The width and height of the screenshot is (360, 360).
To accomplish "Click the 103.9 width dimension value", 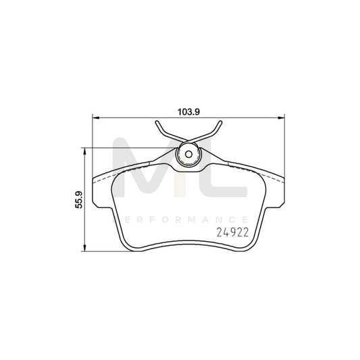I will (x=187, y=112).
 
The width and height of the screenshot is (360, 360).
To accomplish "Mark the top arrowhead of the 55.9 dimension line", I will (x=84, y=151).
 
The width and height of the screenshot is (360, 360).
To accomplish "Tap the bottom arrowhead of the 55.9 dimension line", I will (x=84, y=247).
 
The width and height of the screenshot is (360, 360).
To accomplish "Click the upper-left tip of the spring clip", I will (x=157, y=122).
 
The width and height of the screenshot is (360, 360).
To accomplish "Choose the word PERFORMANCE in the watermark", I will (x=180, y=219).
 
